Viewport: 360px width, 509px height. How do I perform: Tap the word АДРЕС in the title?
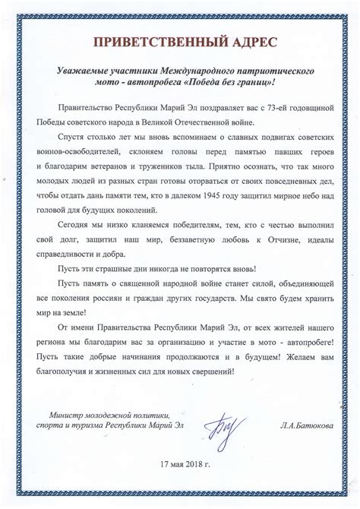pyautogui.click(x=245, y=40)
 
